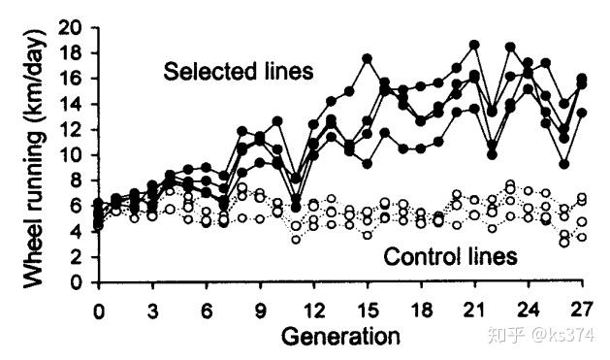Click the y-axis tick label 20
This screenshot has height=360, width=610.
[x=70, y=27]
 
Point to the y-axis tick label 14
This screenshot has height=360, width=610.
[x=70, y=104]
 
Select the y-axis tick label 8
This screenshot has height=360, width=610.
[x=76, y=180]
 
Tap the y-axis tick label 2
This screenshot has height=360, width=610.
[x=76, y=257]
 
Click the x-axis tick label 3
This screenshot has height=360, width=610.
[x=152, y=311]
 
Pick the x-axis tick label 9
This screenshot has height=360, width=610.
[x=260, y=311]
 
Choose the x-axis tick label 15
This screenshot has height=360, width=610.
[x=368, y=311]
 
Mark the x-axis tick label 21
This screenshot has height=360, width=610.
[x=474, y=311]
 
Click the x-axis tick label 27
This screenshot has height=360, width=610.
[x=582, y=311]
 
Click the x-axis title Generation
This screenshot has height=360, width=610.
[x=340, y=337]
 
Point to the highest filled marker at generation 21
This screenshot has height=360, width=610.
[x=474, y=45]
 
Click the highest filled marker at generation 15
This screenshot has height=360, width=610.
[x=368, y=59]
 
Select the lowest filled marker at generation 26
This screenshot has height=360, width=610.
[x=564, y=164]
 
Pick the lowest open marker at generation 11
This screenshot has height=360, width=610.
[x=296, y=240]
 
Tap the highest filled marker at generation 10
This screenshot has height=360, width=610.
[x=277, y=121]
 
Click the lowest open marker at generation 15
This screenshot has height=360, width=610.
[x=368, y=235]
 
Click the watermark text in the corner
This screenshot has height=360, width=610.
[x=541, y=335]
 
